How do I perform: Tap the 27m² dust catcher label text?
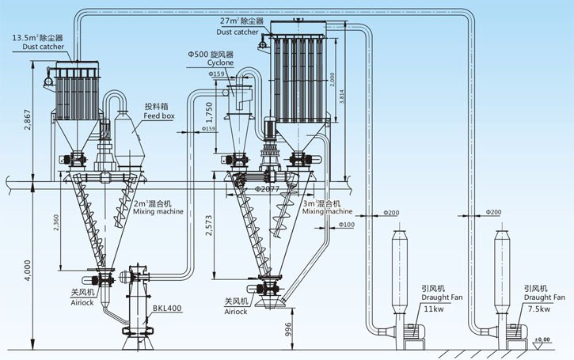(x=239, y=26)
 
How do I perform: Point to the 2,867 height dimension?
(x=27, y=119)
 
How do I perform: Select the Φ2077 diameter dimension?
(x=268, y=190)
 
